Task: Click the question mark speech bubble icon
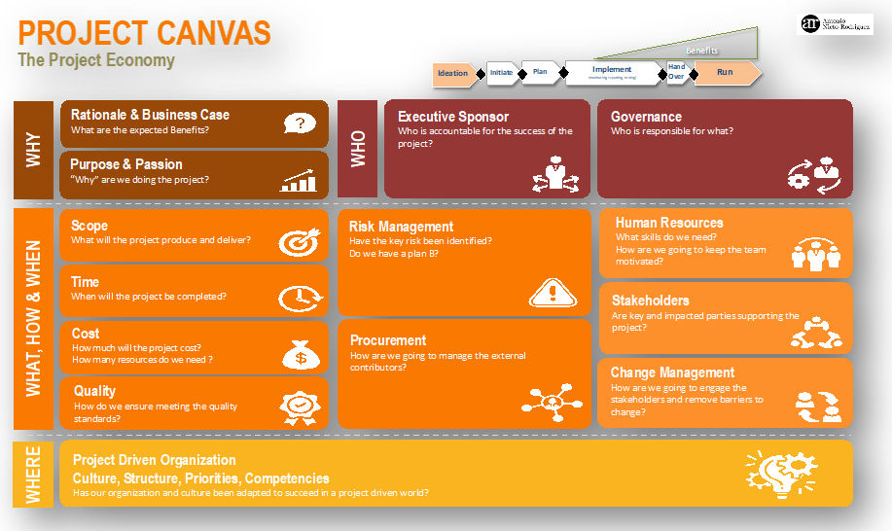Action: pos(300,124)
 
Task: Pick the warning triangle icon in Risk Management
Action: pos(550,291)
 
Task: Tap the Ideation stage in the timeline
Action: pos(453,73)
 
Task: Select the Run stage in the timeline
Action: pos(725,73)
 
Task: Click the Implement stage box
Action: pos(612,72)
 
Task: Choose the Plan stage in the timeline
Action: pos(541,71)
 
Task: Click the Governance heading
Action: pos(646,117)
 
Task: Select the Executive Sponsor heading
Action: pos(452,117)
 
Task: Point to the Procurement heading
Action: pos(388,340)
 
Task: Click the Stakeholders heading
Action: pos(650,301)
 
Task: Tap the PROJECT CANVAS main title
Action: pos(144,33)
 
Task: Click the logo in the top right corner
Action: pos(835,24)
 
